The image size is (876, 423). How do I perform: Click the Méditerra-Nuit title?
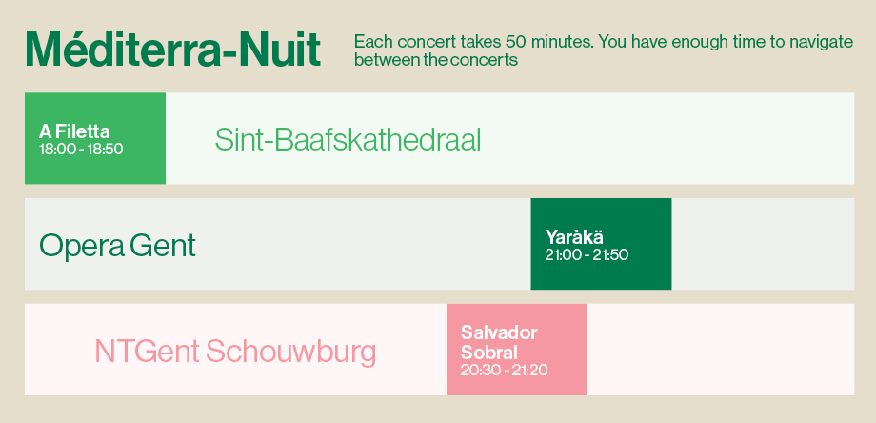(x=173, y=50)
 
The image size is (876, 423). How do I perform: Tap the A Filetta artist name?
(x=74, y=131)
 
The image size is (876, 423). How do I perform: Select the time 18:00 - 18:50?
(x=81, y=150)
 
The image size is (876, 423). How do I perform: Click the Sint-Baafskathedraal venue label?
(x=348, y=140)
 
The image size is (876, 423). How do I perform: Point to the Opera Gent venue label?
(x=117, y=246)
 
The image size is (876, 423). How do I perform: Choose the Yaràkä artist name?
(x=574, y=237)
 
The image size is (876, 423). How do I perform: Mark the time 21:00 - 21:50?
(x=587, y=254)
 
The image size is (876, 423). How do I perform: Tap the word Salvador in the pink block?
(x=499, y=333)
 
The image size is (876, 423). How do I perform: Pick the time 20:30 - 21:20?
(x=504, y=370)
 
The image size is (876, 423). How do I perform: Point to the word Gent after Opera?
(x=163, y=246)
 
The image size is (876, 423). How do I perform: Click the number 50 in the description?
(x=514, y=42)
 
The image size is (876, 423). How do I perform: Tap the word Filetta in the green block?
(x=83, y=131)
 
